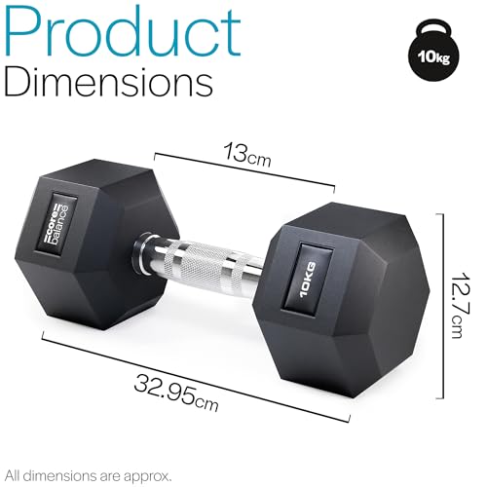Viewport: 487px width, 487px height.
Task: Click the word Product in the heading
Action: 122,32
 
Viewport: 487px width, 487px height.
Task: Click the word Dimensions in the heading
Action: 108,81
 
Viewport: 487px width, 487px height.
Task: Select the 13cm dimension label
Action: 246,154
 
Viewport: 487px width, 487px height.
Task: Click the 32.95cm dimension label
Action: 176,393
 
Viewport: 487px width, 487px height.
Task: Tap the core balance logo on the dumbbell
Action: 57,224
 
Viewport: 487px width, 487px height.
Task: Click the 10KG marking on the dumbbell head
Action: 308,280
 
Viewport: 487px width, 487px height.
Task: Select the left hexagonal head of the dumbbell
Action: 96,244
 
